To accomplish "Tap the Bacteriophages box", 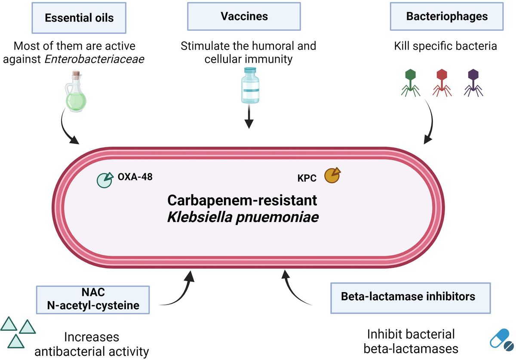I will tap(447, 17).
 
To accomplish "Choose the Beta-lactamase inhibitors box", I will tap(410, 297).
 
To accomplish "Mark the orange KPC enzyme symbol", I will tap(332, 175).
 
